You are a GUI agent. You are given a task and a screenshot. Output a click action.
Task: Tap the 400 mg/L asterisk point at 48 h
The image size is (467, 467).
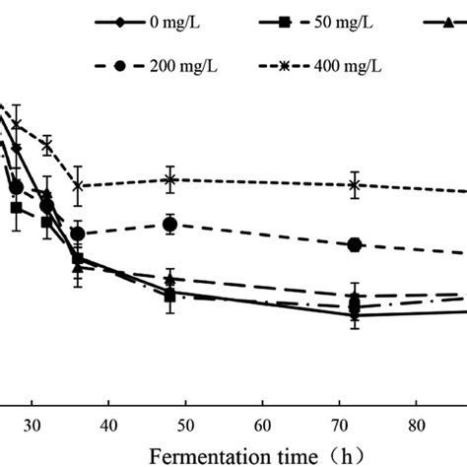170,179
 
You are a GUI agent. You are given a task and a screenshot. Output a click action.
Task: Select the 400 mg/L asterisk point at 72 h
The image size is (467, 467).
354,184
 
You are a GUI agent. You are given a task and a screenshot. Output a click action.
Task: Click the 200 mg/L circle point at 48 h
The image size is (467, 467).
170,225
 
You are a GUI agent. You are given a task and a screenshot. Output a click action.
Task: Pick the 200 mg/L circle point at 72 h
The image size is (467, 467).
354,244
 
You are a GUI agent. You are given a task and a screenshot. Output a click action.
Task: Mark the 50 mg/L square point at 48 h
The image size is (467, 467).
170,295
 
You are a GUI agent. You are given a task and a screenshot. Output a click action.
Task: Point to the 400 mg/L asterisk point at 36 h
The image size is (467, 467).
78,185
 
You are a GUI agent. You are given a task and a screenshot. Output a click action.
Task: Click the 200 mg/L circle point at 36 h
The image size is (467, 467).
78,233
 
